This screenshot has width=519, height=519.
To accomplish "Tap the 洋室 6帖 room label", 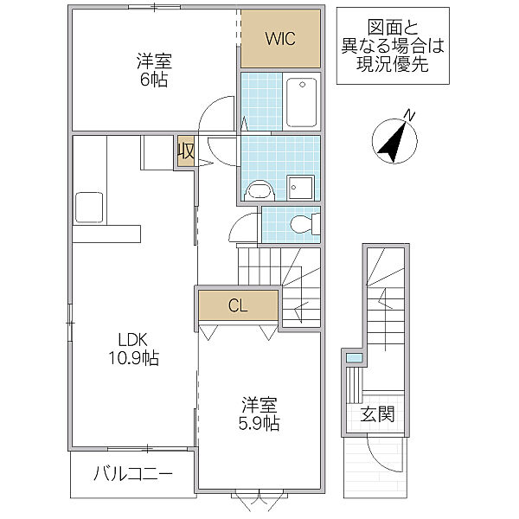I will click(152, 71).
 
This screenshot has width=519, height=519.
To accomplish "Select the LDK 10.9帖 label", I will click(131, 348).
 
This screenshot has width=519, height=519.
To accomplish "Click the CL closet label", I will click(238, 304).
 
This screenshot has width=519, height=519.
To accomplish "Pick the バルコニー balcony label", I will click(132, 474).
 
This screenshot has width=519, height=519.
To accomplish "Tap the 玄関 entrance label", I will click(378, 414).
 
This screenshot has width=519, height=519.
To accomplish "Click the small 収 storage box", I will click(185, 152).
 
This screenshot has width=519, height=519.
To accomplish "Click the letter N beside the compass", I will click(412, 115).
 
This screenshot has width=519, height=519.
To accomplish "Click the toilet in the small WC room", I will click(303, 225).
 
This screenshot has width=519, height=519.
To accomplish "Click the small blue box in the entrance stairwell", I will click(353, 357).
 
